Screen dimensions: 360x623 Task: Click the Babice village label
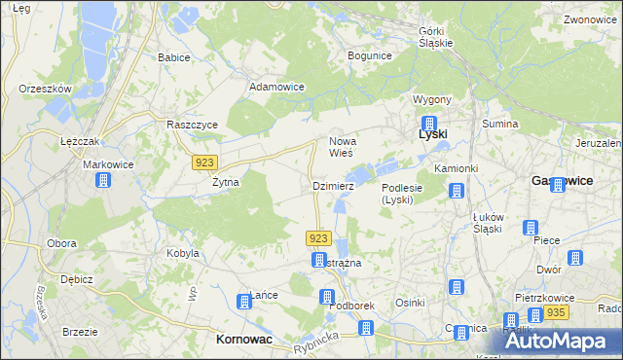(173, 57)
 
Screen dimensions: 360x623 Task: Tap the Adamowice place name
(277, 87)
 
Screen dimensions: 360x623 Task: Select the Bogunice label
(369, 55)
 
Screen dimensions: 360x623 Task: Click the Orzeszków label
(46, 89)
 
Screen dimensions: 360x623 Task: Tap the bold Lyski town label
(432, 133)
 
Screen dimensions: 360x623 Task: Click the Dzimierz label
(333, 185)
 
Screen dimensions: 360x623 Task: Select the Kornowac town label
(242, 340)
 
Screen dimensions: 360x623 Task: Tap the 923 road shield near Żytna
(205, 162)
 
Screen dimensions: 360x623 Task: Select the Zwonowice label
(591, 19)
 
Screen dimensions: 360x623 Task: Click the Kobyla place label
(183, 253)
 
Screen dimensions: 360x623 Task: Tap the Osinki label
(410, 303)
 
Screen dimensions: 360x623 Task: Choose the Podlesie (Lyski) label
(401, 194)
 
